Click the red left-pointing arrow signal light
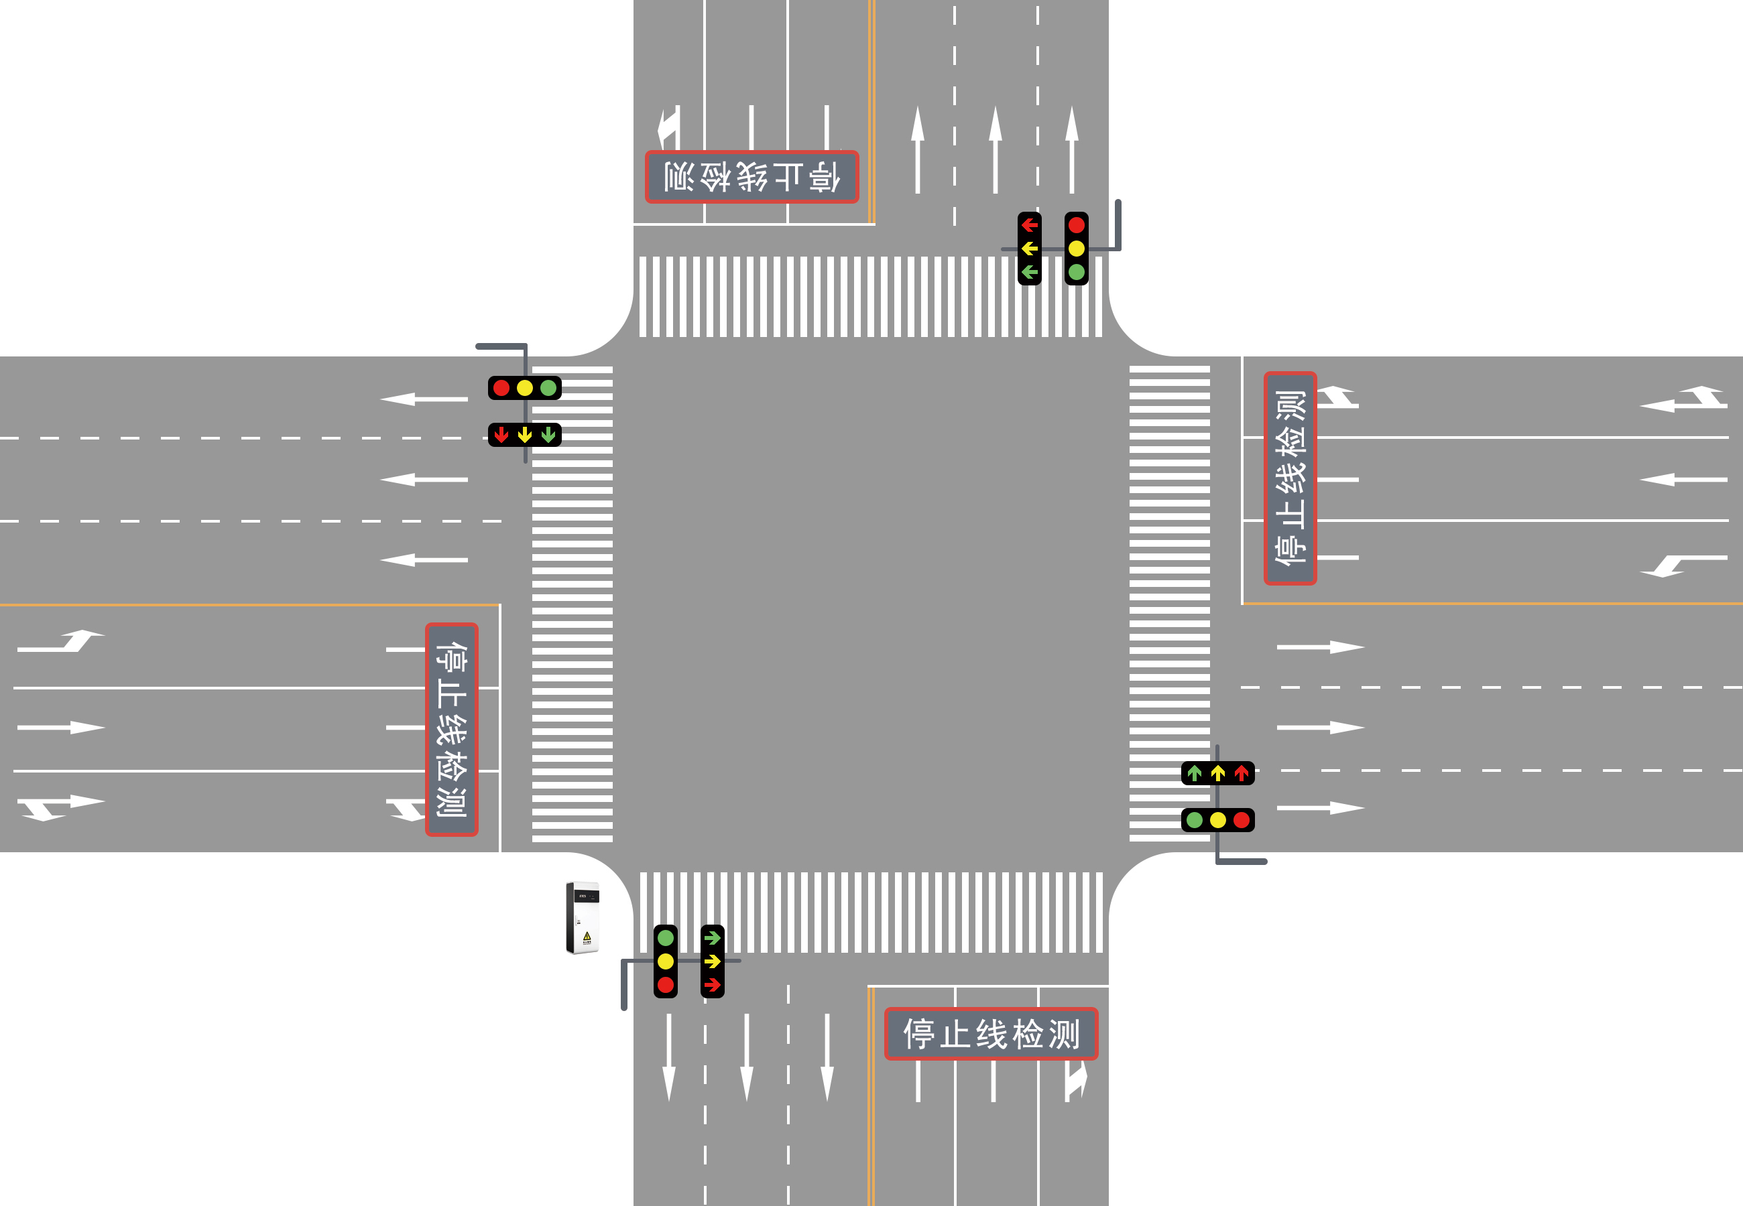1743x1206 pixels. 1030,225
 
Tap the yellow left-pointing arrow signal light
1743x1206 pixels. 1030,249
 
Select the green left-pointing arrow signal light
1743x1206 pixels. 1030,272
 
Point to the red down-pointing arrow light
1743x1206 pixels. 501,434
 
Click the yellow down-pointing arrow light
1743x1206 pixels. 524,434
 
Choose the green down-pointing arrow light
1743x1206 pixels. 549,434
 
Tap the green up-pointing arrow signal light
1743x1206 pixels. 1194,773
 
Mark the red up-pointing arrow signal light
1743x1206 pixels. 1241,773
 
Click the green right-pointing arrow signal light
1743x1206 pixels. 712,938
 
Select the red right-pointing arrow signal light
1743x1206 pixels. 712,985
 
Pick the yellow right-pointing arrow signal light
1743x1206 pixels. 712,961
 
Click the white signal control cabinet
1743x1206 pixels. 583,917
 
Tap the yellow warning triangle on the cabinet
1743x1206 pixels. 587,937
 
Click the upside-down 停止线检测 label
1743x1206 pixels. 752,177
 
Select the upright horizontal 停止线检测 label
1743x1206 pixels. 991,1034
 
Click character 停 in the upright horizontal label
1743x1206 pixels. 919,1034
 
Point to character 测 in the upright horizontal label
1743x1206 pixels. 1065,1034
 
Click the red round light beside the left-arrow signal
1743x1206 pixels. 1077,225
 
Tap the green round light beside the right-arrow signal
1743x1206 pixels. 665,938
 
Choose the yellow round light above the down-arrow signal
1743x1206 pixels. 524,389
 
